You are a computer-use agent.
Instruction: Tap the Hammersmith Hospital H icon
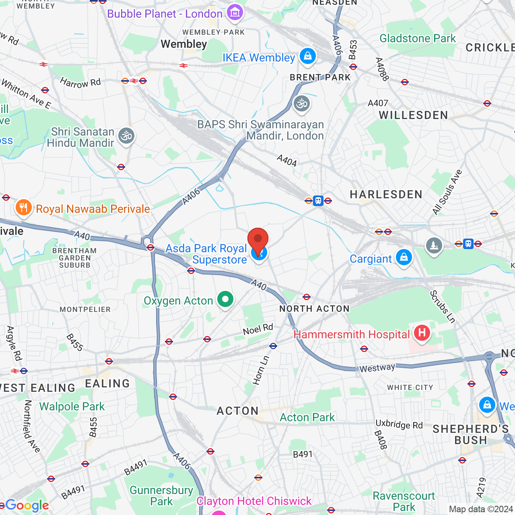tap(422, 333)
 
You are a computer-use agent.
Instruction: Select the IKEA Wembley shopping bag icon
tap(308, 56)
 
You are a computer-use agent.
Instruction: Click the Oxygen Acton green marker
tap(225, 299)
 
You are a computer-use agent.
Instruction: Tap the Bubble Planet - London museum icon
tap(235, 13)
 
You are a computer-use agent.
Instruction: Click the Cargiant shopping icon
tap(404, 257)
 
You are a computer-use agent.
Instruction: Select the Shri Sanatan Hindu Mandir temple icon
tap(126, 136)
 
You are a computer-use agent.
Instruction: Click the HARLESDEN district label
tap(386, 195)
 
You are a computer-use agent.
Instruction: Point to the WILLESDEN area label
tap(413, 115)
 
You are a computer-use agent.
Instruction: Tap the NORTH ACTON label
tap(314, 309)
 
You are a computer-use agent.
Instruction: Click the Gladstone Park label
tap(418, 39)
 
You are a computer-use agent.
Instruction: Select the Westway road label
tap(377, 368)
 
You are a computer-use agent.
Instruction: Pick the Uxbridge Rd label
tap(399, 424)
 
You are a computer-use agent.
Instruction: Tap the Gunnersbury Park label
tap(161, 496)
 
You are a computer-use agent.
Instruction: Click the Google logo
tap(27, 505)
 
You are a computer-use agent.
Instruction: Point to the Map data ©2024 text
tap(481, 509)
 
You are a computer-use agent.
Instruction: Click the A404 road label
tap(287, 161)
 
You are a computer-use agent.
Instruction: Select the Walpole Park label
tap(72, 406)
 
